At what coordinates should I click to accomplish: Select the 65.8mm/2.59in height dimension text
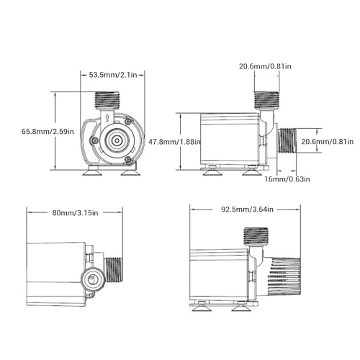26,132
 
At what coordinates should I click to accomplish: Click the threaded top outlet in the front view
107,100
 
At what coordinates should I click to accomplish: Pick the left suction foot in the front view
92,171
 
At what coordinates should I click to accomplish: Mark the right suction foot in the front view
129,171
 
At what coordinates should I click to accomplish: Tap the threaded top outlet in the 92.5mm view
256,236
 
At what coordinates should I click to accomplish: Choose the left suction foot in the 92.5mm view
202,307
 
